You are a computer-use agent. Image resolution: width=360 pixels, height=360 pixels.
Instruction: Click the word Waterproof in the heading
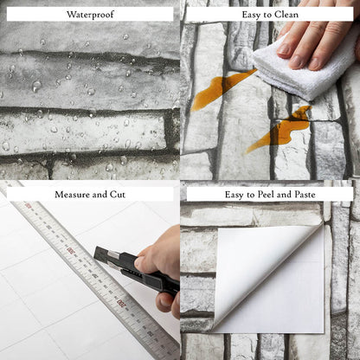(x=90, y=15)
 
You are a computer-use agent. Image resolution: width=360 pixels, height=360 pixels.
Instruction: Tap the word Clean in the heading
(x=286, y=15)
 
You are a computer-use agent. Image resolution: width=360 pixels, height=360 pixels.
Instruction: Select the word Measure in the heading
(x=71, y=195)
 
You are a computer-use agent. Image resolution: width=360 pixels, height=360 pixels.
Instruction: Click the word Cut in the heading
(x=118, y=195)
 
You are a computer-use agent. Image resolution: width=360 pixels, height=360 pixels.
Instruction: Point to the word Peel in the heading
(x=267, y=195)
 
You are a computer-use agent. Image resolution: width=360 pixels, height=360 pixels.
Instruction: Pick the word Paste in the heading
(x=305, y=195)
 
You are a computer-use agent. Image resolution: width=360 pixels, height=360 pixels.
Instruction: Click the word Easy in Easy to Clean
(x=252, y=15)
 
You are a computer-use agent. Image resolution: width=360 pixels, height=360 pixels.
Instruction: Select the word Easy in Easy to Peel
(x=235, y=195)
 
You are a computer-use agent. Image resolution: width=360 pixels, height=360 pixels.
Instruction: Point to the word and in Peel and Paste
(x=285, y=195)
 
